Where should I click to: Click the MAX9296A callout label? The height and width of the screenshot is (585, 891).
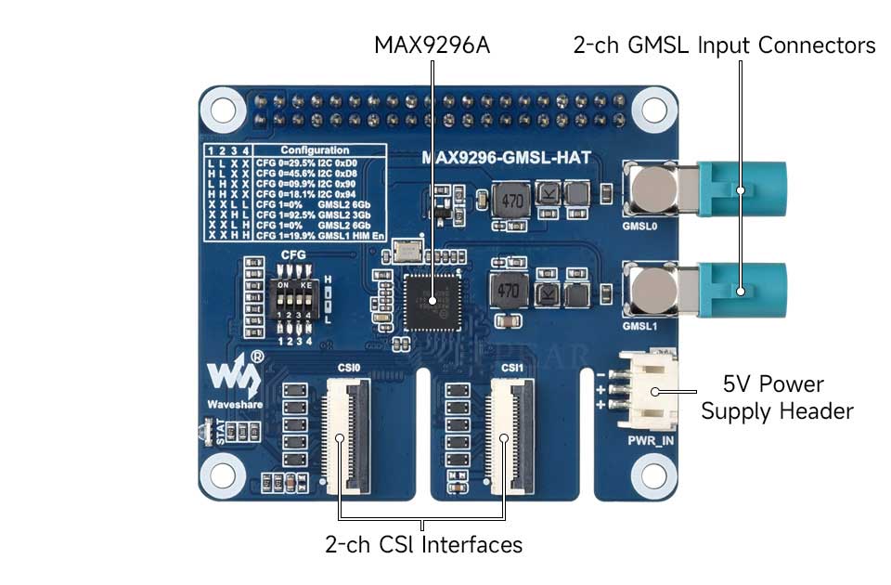431,45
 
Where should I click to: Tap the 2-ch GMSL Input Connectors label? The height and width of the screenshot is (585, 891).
724,45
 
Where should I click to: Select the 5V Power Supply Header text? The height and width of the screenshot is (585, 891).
776,397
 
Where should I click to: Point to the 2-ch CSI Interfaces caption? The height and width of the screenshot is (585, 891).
423,544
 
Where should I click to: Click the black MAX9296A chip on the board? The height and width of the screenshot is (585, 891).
431,301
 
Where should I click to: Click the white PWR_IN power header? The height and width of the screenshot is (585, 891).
653,391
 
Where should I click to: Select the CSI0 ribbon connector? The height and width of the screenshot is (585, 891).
341,434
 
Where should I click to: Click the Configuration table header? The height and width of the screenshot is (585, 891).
315,149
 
